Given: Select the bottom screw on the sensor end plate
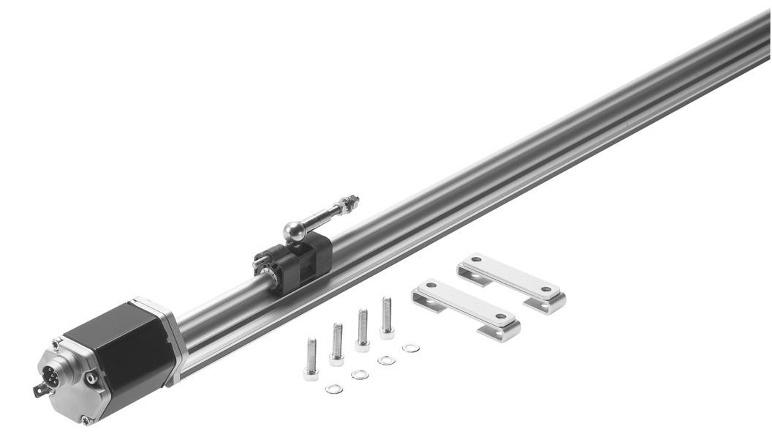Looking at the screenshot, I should click(86, 420).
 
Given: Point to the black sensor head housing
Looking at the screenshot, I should click(121, 355).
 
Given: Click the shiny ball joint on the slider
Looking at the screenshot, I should click(295, 231).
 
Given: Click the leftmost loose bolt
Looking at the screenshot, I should click(311, 359).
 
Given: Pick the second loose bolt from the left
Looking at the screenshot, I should click(337, 343).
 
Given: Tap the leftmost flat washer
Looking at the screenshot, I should click(334, 389).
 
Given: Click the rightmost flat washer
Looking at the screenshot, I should click(411, 348).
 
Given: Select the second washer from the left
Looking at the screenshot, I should click(360, 375).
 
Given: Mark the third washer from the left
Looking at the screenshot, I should click(386, 360).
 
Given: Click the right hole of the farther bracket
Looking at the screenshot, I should click(546, 291).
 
